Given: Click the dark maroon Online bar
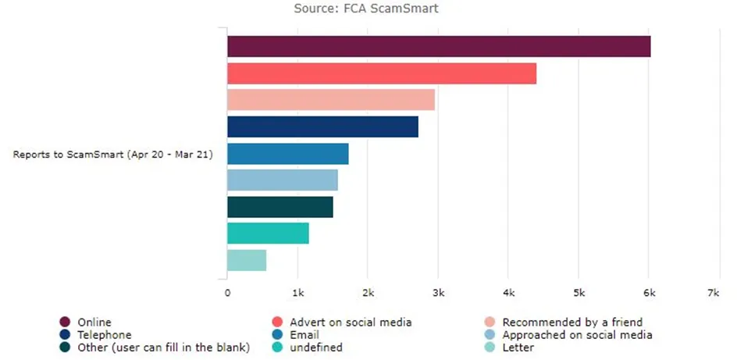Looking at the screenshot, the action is pos(439,47).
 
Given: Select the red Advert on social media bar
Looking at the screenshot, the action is pos(382,73).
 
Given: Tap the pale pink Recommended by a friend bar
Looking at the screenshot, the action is pos(331,100).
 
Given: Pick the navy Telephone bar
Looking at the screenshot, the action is pos(323,127).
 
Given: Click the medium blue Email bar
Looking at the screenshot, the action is pos(288,154).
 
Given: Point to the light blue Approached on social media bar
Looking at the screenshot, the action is pos(283,180).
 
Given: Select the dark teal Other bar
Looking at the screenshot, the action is pos(280,207).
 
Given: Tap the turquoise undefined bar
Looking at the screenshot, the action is pos(268,233).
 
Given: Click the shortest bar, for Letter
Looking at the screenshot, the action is pos(247,260).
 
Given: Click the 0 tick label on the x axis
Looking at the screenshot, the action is pos(227,293).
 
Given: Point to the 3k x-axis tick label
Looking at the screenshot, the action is pos(438,293).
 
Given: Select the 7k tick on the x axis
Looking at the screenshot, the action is pos(714,293).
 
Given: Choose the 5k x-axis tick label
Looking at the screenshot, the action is pos(579,293).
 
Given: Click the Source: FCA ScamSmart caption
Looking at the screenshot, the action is pos(366,9).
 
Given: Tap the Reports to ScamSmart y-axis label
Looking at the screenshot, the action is pos(112,154).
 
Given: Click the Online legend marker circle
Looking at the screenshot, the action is pos(65,322).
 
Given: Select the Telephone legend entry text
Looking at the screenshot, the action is pos(105,335).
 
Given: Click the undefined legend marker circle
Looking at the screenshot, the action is pos(277,348).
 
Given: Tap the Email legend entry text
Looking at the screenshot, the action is pos(304,335).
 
